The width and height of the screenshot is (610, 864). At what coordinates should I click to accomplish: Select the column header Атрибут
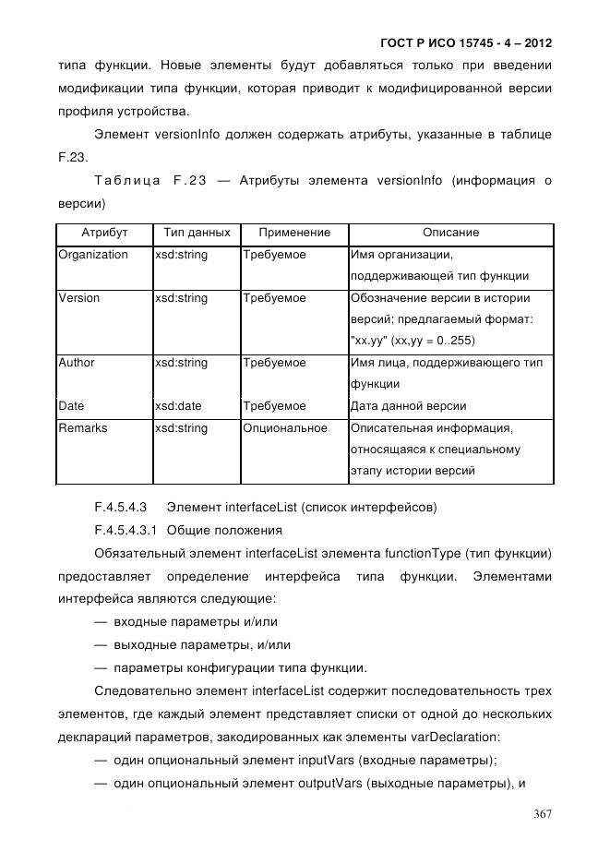[x=104, y=233]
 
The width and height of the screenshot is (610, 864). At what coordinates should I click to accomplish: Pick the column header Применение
[x=294, y=233]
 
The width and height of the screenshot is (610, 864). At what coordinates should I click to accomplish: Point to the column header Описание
[x=450, y=233]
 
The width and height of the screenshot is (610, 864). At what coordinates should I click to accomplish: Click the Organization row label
[x=92, y=255]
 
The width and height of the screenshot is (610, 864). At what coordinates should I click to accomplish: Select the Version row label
[x=79, y=298]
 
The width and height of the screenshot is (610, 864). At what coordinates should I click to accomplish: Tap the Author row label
[x=77, y=363]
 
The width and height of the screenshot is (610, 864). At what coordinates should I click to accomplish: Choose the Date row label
[x=71, y=406]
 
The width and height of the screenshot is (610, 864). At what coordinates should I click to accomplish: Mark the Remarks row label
[x=83, y=428]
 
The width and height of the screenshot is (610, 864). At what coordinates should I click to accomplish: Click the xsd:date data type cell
[x=178, y=406]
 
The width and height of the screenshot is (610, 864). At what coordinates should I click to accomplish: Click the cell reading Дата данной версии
[x=409, y=406]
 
